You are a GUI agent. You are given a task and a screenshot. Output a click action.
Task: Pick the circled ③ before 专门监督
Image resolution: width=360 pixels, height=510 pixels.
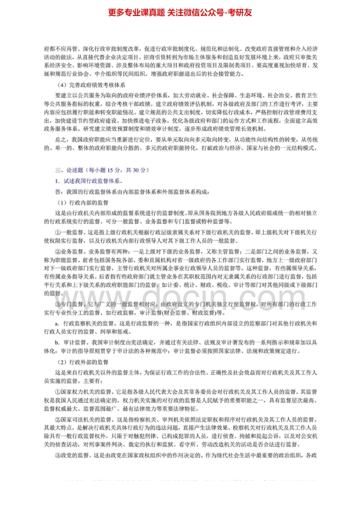coord(58,304)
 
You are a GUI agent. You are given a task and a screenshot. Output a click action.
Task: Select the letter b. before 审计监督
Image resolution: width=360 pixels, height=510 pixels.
coord(57,342)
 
